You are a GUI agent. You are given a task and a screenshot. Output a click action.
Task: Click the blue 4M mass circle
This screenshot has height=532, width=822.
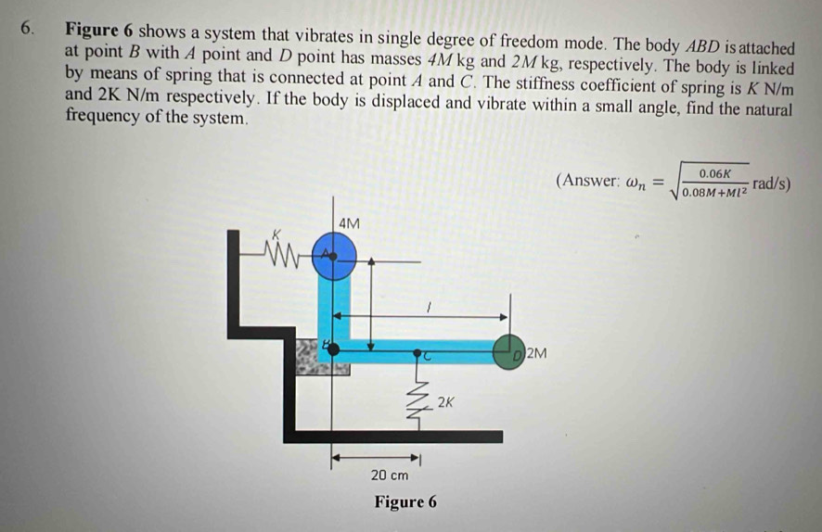click(334, 257)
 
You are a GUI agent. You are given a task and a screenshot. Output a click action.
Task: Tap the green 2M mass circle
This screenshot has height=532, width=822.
click(508, 352)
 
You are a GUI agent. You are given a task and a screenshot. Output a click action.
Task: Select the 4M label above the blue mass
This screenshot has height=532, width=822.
click(349, 223)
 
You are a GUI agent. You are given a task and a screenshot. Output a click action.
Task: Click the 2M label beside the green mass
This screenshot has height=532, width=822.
click(536, 353)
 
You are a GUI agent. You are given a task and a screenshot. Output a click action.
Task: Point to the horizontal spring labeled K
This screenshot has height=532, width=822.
click(283, 255)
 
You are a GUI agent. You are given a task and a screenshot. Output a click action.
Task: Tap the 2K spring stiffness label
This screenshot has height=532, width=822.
click(445, 402)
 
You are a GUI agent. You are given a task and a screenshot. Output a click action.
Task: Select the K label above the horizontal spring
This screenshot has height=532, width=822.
click(277, 234)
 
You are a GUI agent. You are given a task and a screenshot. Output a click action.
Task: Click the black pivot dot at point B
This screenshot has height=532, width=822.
click(333, 348)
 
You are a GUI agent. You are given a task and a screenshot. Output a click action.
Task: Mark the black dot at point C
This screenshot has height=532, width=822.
click(417, 353)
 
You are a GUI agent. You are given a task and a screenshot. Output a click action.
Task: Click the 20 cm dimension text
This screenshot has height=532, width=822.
click(389, 475)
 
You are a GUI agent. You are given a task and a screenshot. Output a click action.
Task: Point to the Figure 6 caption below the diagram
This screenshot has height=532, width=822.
click(405, 501)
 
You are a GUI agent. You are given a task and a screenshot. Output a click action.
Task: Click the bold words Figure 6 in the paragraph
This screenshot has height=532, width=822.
click(99, 30)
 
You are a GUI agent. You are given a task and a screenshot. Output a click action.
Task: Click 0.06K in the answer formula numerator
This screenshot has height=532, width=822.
click(715, 173)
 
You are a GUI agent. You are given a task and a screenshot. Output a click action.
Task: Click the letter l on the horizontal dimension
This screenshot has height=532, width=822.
click(430, 308)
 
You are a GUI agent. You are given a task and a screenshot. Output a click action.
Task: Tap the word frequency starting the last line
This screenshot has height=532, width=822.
click(103, 116)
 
